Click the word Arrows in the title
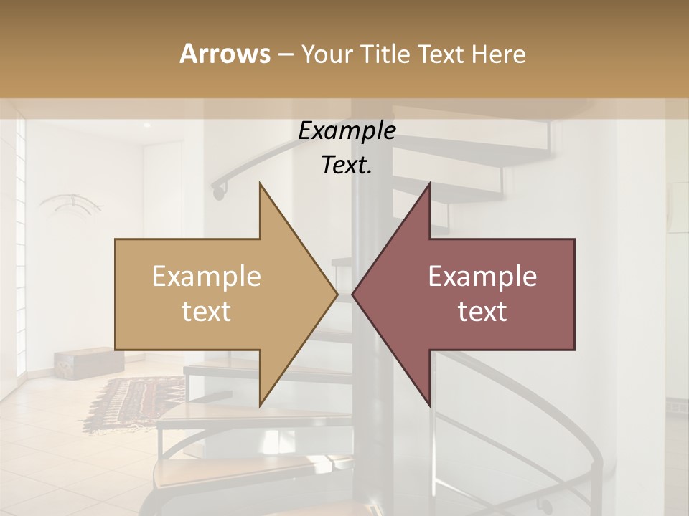225,54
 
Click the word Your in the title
325,54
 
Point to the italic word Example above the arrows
347,131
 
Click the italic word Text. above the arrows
347,166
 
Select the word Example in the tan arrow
206,277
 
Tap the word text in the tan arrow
206,312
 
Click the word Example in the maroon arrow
482,277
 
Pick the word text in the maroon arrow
482,312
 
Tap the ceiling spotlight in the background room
146,125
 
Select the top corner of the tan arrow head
260,183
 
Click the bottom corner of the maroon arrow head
429,406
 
